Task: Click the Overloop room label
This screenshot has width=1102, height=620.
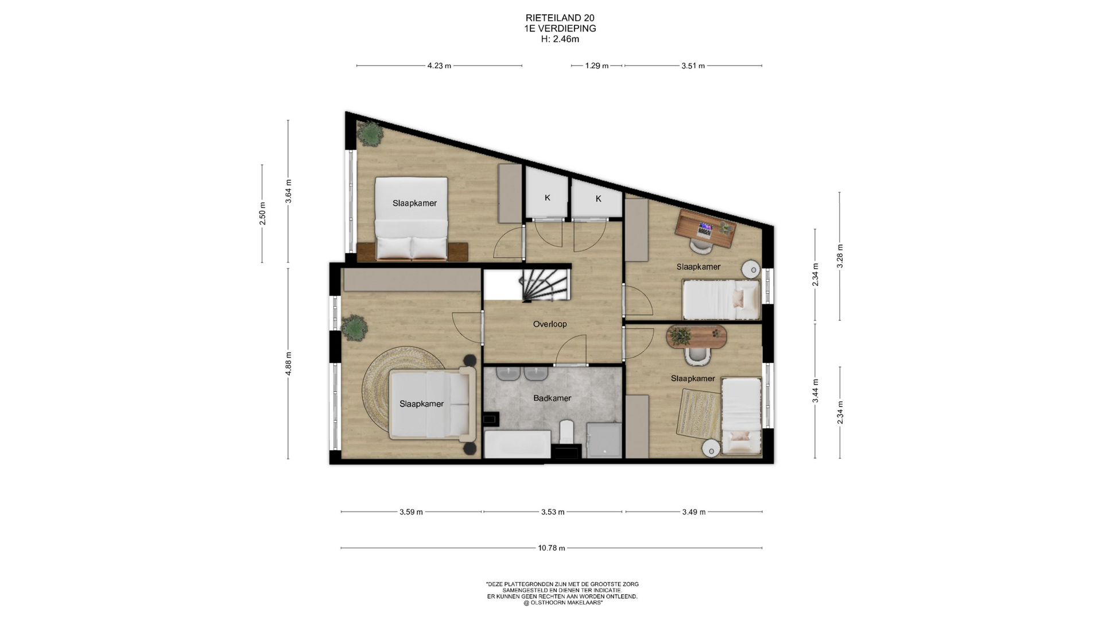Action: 549,324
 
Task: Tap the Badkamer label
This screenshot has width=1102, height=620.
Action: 552,398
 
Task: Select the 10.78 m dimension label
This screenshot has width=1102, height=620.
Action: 552,548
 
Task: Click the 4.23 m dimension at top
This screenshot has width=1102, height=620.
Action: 439,66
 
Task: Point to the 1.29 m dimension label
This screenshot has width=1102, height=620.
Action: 597,66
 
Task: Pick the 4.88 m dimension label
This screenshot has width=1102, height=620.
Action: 289,363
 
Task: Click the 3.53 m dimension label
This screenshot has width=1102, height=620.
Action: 553,512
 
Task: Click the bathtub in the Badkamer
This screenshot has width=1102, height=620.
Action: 517,444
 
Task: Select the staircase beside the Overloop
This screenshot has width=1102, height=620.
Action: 545,285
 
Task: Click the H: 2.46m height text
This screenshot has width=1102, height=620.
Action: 560,40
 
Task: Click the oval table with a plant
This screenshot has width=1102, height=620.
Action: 696,337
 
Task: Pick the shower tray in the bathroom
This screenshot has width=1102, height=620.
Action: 604,440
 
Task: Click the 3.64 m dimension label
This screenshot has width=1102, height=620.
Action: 289,191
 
